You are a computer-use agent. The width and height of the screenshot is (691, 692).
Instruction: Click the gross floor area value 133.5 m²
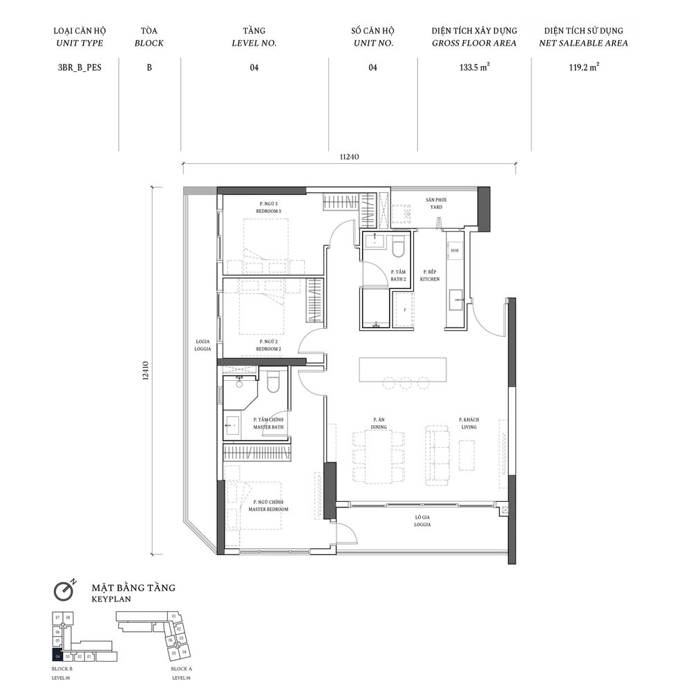[x=475, y=68]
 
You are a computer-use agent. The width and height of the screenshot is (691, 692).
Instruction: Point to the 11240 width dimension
[x=350, y=157]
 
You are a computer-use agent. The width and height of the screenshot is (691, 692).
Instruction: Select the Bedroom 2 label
[x=269, y=346]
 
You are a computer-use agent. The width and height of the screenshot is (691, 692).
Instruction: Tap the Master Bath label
[x=269, y=423]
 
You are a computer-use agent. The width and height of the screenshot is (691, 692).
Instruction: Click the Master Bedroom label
[x=268, y=505]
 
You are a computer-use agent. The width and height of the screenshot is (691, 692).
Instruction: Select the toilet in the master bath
[x=272, y=382]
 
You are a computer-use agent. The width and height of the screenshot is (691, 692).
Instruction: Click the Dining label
[x=378, y=423]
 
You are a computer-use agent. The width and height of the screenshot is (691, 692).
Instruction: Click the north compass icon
[x=66, y=591]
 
